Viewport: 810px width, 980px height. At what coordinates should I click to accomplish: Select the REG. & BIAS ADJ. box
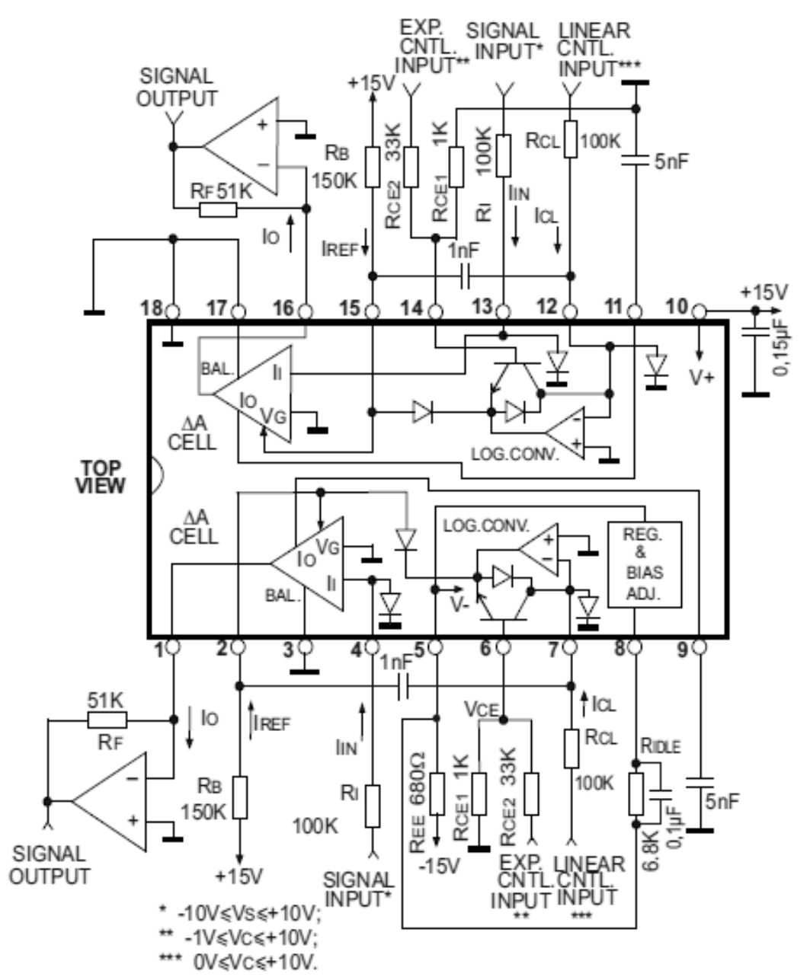point(644,564)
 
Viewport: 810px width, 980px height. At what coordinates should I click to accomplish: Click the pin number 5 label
point(418,650)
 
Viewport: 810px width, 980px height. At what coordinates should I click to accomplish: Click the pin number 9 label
point(682,650)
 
